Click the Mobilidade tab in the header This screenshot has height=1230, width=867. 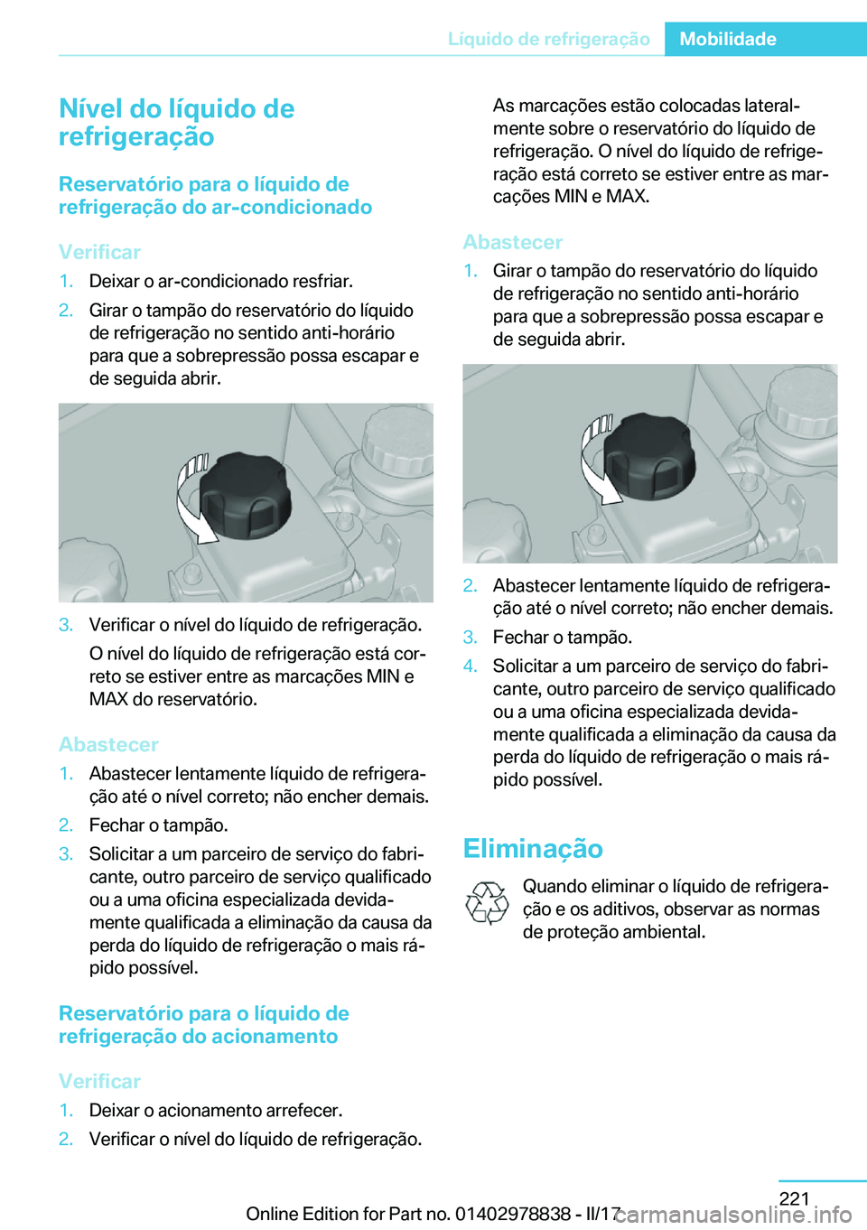728,39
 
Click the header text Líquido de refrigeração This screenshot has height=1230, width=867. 548,39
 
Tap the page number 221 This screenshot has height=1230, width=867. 794,1198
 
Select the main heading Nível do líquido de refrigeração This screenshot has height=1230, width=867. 176,122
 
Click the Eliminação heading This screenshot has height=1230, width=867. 532,848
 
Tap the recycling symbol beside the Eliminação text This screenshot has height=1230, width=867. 487,903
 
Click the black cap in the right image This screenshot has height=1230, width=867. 649,456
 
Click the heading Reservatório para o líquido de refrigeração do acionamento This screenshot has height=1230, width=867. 203,1025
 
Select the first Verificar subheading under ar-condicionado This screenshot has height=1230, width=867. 99,252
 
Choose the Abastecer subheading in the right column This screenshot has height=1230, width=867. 512,242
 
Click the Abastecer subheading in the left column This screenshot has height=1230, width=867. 108,744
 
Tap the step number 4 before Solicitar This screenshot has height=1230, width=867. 470,666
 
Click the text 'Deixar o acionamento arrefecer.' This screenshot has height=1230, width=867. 215,1110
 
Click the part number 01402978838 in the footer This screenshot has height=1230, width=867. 512,1214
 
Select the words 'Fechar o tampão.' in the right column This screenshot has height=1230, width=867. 562,638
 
